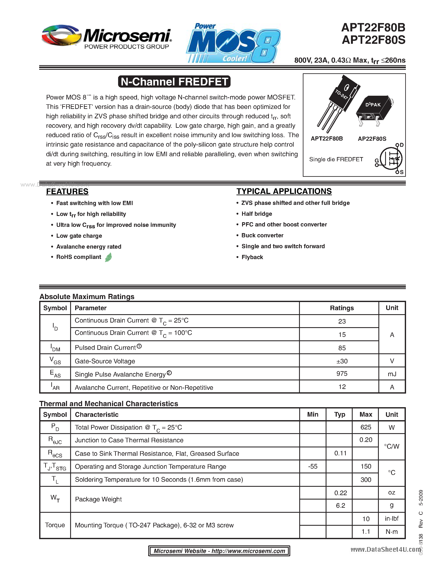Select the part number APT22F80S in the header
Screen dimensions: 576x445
click(373, 40)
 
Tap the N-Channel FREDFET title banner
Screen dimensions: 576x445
click(174, 81)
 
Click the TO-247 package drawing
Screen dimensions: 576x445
click(339, 103)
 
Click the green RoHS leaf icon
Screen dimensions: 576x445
click(108, 257)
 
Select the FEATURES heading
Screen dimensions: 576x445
click(67, 191)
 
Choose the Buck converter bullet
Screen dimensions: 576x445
click(262, 235)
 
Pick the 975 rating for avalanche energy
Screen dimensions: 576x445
click(342, 374)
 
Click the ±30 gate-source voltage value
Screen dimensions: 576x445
click(342, 361)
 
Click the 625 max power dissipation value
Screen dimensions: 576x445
click(366, 427)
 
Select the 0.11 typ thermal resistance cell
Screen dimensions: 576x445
click(340, 453)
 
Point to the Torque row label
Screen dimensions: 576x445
click(55, 525)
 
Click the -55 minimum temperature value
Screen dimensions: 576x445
click(313, 466)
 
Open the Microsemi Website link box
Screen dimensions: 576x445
click(219, 551)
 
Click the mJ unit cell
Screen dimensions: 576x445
click(392, 374)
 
